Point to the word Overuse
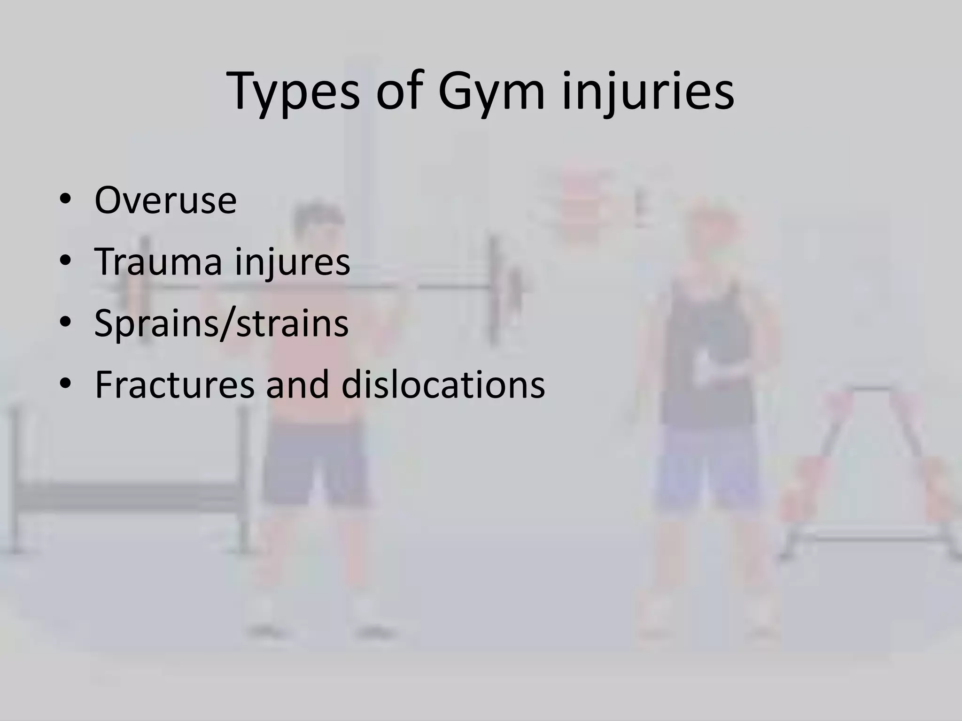pyautogui.click(x=165, y=200)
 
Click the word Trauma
pyautogui.click(x=158, y=261)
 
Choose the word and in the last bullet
pyautogui.click(x=300, y=384)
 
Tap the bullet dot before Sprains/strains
pyautogui.click(x=65, y=323)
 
